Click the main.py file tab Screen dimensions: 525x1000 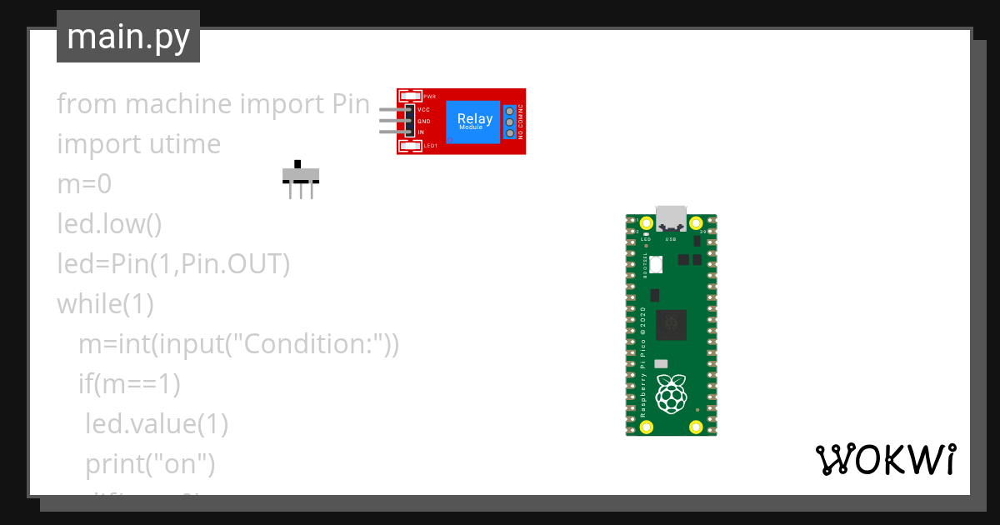pos(128,37)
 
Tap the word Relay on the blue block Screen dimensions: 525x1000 pos(474,118)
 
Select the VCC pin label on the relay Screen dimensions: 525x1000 pos(423,109)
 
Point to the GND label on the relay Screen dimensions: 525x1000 pos(423,121)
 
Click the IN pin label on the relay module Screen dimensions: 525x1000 pos(421,132)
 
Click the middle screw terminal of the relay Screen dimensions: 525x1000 pos(510,121)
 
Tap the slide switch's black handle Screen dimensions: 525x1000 pos(297,163)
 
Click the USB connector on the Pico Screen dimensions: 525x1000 pos(671,217)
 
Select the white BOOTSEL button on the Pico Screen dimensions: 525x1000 pos(655,265)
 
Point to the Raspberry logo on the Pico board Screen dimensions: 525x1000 pos(672,394)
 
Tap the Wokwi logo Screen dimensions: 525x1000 pos(885,459)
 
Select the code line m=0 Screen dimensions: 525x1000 pos(84,184)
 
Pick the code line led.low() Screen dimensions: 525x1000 pos(109,224)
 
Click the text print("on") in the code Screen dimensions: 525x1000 pos(151,463)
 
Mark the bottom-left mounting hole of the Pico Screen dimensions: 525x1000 pos(647,427)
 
